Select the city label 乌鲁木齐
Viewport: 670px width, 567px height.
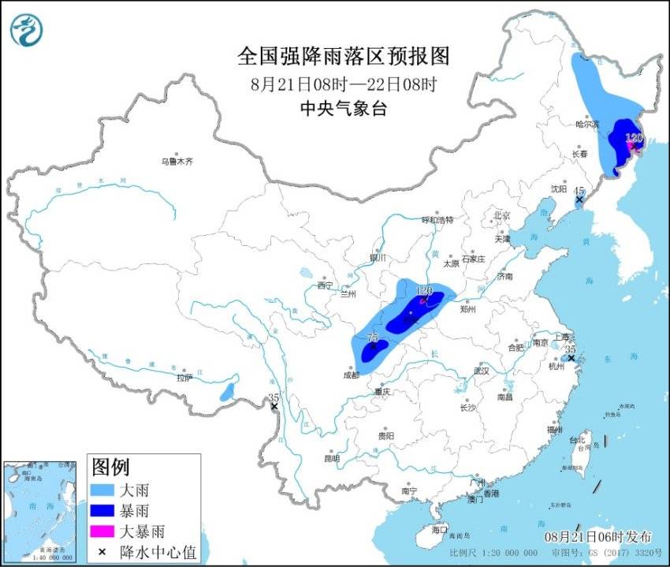[177, 162]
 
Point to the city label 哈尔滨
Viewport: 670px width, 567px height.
[587, 125]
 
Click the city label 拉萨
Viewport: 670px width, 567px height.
[184, 378]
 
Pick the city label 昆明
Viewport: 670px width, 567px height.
[331, 458]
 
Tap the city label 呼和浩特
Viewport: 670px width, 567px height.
[437, 220]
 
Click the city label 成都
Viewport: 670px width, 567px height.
[351, 375]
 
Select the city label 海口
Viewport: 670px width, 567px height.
[439, 529]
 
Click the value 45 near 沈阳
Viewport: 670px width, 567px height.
[579, 191]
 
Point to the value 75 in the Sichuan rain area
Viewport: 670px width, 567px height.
[374, 338]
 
